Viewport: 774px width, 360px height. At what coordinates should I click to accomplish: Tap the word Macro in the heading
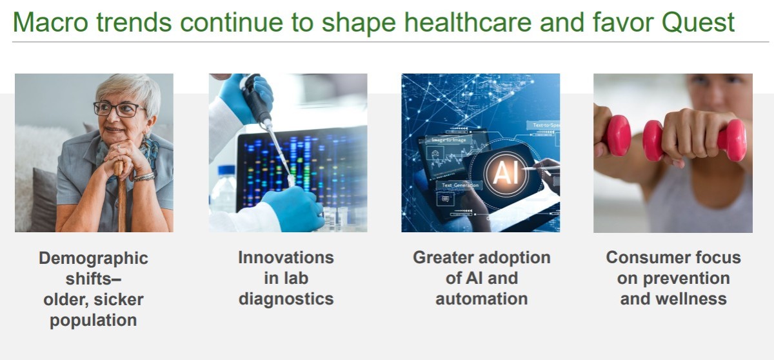tap(50, 23)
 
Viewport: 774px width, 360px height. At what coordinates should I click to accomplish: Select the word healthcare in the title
tap(468, 23)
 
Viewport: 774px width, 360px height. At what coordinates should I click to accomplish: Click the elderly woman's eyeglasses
tap(119, 109)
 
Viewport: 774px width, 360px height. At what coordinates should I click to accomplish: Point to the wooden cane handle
tap(119, 168)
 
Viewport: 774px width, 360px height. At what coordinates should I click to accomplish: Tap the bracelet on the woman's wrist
tap(144, 177)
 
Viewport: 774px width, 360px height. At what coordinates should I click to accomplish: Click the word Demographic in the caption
tap(94, 259)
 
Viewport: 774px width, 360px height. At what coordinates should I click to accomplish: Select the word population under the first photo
tap(94, 321)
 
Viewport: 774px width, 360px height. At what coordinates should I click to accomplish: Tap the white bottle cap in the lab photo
tap(226, 170)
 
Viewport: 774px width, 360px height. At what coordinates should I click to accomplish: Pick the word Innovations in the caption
tap(286, 257)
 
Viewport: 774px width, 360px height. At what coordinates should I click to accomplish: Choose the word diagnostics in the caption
tap(286, 299)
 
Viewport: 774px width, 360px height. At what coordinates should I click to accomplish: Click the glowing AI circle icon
tap(506, 173)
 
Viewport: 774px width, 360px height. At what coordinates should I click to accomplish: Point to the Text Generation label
tap(460, 185)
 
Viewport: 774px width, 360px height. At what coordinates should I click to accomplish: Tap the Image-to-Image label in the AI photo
tap(449, 139)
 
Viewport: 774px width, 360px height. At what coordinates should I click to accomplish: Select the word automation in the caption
tap(482, 299)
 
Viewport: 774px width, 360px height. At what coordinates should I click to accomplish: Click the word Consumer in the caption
tap(637, 257)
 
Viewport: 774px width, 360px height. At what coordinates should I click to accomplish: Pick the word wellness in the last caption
tap(693, 299)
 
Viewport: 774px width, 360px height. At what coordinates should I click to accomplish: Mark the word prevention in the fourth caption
tap(686, 279)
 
